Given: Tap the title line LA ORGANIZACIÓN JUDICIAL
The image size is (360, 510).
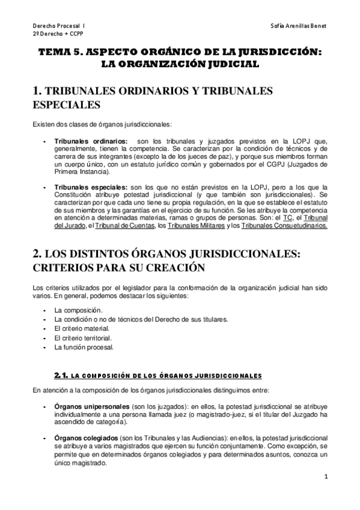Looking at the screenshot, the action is coord(180,64).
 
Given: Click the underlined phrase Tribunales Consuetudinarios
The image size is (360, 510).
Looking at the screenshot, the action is coord(284,226).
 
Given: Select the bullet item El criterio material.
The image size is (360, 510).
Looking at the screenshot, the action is coord(82,328).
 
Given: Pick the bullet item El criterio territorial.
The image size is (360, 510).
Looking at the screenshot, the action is coord(83,338).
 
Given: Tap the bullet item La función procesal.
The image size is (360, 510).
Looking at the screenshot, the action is coord(84,348).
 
